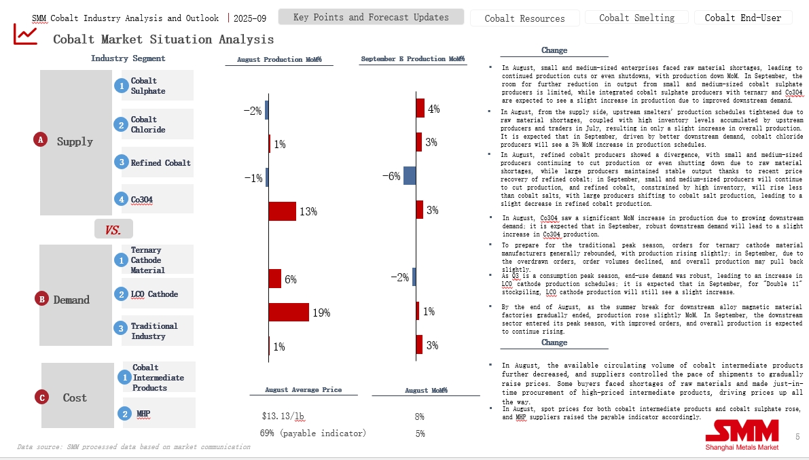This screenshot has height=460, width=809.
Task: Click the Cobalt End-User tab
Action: click(x=743, y=18)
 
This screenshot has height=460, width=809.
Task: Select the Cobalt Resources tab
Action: click(x=524, y=18)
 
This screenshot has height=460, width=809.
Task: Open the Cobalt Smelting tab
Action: click(x=636, y=18)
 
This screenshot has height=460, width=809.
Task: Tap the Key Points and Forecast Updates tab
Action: click(x=371, y=17)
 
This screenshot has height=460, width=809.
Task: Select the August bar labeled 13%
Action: click(x=283, y=211)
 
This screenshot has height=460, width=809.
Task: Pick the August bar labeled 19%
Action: click(x=289, y=313)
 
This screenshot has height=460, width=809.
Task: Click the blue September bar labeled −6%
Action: click(x=410, y=176)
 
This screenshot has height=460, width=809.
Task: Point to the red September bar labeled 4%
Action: click(x=420, y=108)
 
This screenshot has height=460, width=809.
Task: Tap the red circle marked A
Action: click(x=40, y=140)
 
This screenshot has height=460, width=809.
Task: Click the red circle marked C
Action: click(x=42, y=397)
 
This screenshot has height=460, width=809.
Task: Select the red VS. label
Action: click(x=113, y=230)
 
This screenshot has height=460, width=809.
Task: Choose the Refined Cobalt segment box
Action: click(x=157, y=162)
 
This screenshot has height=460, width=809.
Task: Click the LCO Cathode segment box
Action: click(x=157, y=294)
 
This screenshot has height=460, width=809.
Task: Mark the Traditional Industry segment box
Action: click(x=157, y=331)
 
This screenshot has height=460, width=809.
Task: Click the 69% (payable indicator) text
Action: click(x=312, y=434)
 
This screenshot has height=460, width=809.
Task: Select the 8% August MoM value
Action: click(x=419, y=416)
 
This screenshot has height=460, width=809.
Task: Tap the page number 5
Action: click(x=797, y=437)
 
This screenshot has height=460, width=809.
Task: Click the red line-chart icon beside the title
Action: click(x=26, y=34)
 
